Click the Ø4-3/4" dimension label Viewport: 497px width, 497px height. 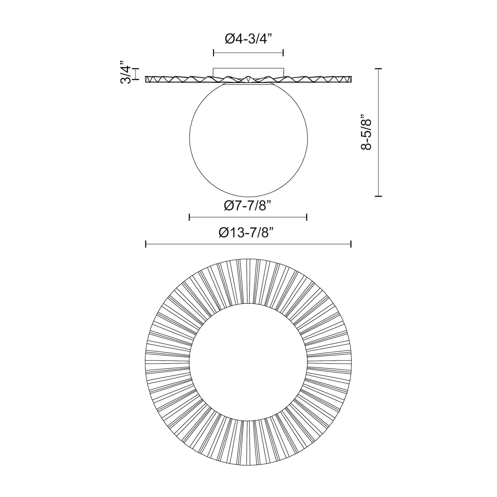click(248, 39)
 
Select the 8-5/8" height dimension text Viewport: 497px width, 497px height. click(366, 132)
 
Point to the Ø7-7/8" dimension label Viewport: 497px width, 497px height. click(248, 206)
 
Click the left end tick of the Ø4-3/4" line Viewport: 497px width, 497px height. click(213, 53)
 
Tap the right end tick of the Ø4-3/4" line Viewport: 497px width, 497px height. click(283, 53)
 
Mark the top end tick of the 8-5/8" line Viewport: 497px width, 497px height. click(378, 69)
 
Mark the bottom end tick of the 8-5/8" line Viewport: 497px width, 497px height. click(378, 196)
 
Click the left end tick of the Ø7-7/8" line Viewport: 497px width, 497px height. click(189, 217)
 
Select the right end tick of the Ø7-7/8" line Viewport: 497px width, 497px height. click(306, 217)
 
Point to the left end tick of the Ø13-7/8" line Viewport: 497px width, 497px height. click(146, 244)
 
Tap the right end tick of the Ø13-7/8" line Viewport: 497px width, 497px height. click(351, 244)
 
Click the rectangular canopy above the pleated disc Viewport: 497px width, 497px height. click(248, 72)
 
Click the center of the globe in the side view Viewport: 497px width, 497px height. click(248, 138)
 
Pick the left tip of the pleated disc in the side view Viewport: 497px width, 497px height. click(146, 79)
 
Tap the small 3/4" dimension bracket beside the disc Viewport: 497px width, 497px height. click(136, 74)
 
